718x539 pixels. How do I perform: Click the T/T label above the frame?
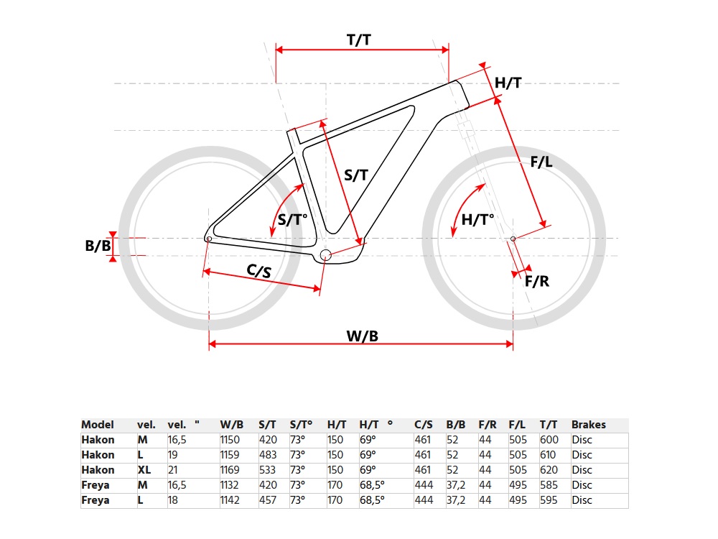pyautogui.click(x=358, y=40)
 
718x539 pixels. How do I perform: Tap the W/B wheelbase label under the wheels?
pyautogui.click(x=362, y=336)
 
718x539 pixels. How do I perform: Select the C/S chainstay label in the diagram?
pyautogui.click(x=258, y=271)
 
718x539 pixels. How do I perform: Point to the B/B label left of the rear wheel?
pyautogui.click(x=98, y=246)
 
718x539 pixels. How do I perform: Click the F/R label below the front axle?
pyautogui.click(x=536, y=281)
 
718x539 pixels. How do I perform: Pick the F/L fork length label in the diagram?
pyautogui.click(x=541, y=161)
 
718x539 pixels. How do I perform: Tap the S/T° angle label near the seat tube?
pyautogui.click(x=292, y=219)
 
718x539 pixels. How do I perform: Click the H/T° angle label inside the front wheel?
pyautogui.click(x=477, y=219)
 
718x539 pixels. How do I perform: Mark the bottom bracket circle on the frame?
pyautogui.click(x=325, y=255)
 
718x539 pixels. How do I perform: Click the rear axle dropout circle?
pyautogui.click(x=209, y=239)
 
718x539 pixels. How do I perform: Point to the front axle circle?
pyautogui.click(x=513, y=239)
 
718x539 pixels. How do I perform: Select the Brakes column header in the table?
pyautogui.click(x=589, y=425)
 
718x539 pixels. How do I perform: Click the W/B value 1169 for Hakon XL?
pyautogui.click(x=230, y=470)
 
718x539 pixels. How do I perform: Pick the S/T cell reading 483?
pyautogui.click(x=268, y=455)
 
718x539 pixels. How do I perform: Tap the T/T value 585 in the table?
pyautogui.click(x=549, y=485)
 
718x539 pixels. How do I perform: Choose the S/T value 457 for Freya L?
pyautogui.click(x=268, y=500)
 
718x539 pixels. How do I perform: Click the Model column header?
pyautogui.click(x=98, y=425)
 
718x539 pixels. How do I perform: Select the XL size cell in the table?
pyautogui.click(x=144, y=470)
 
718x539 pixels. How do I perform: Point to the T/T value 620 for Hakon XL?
pyautogui.click(x=549, y=470)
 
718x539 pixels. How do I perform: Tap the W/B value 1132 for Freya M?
pyautogui.click(x=230, y=485)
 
